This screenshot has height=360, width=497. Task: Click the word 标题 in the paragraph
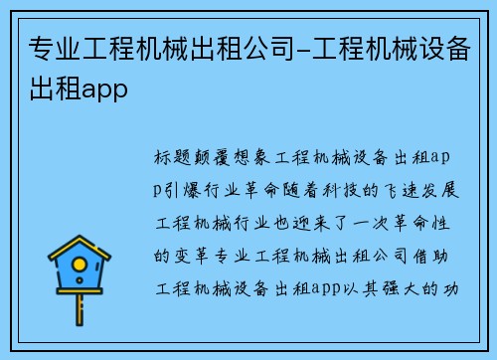(171, 157)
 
